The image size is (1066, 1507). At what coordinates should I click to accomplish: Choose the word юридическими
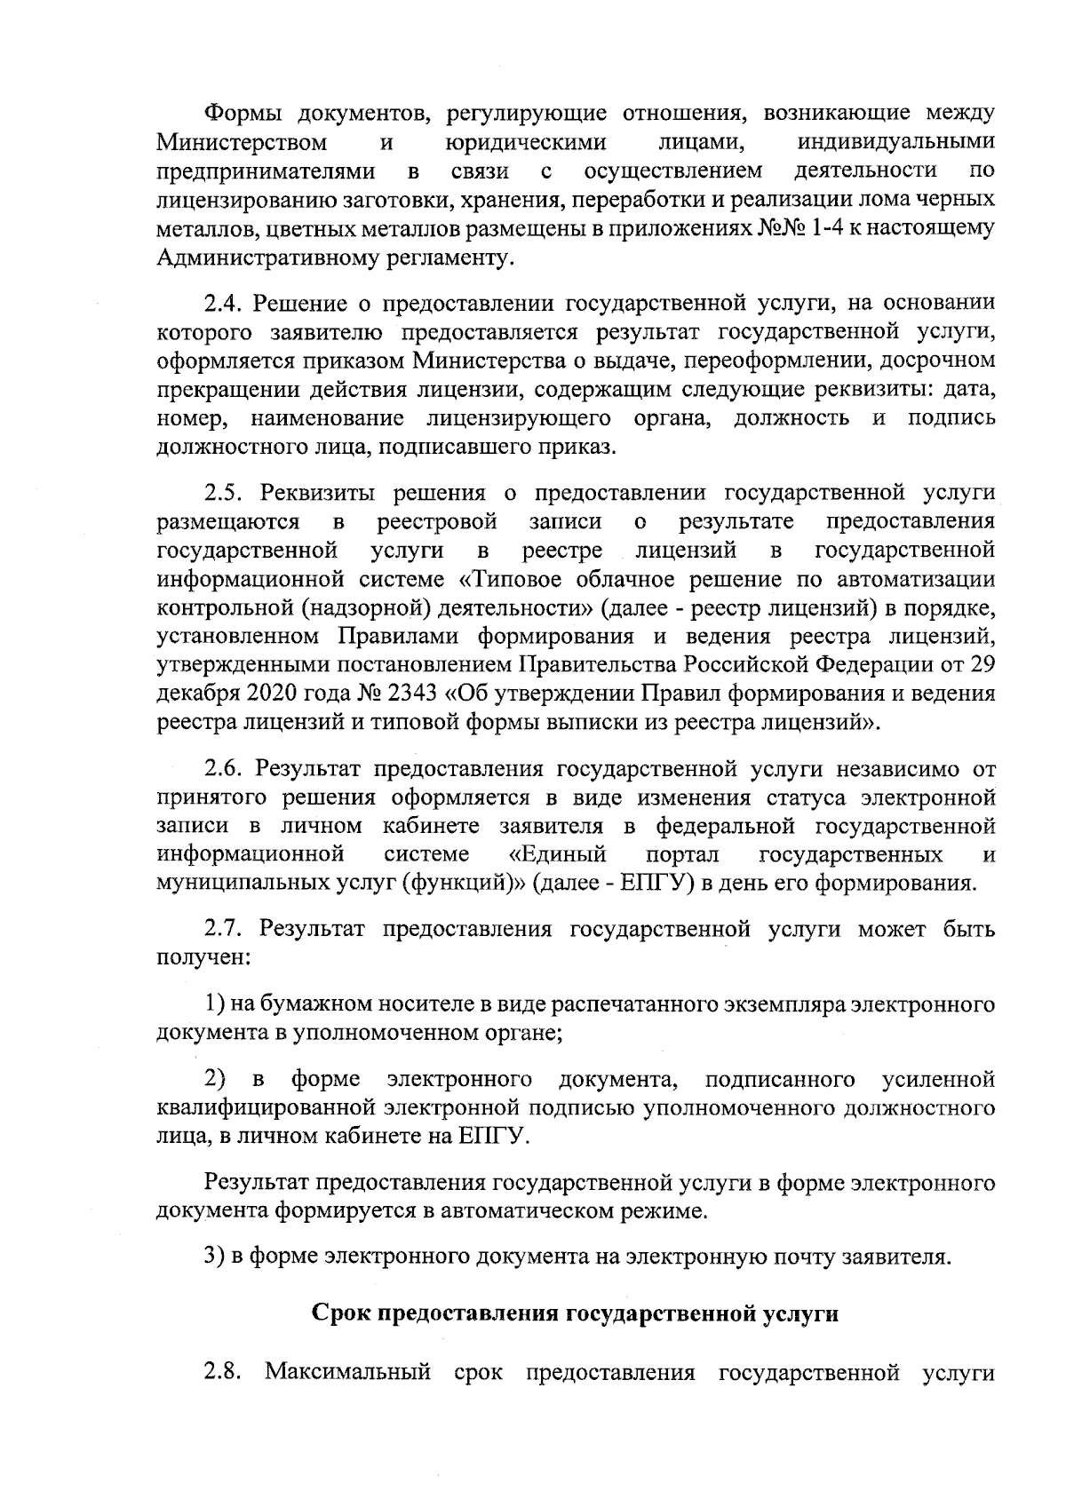pos(525,142)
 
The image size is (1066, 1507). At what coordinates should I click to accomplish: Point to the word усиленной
pos(938,1080)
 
